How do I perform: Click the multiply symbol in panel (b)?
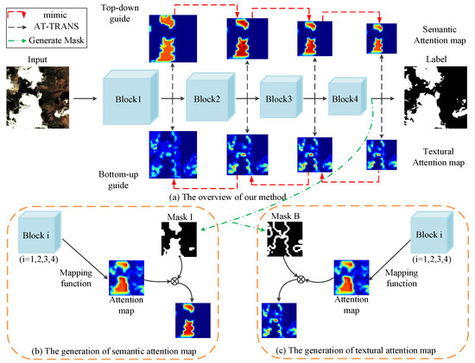click(x=177, y=280)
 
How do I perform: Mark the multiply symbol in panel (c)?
click(x=301, y=279)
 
